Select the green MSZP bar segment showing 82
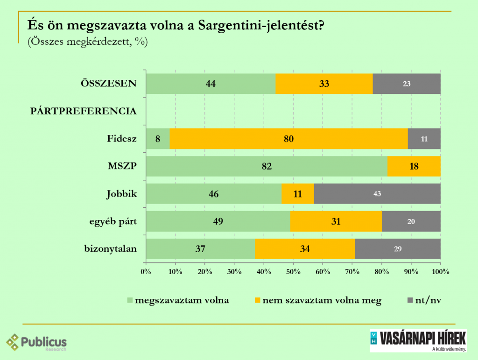pos(267,166)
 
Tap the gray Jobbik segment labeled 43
pos(377,194)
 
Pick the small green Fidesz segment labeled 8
pos(158,139)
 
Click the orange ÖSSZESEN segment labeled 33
pos(324,84)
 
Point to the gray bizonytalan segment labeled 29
pos(398,249)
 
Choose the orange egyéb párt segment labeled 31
pos(336,221)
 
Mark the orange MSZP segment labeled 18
pos(414,166)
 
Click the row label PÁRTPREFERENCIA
pos(84,111)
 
